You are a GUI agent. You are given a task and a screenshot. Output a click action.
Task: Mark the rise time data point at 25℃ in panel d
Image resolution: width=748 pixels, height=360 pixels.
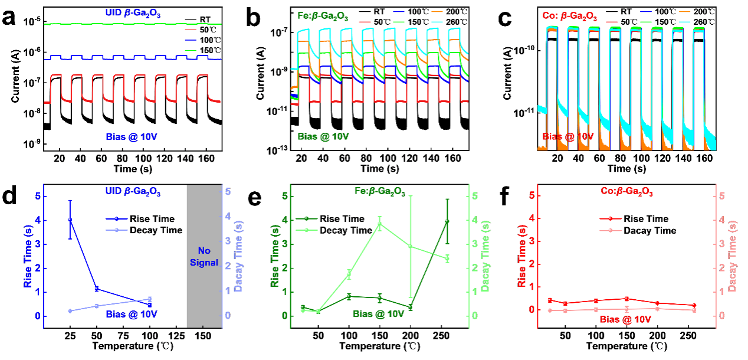tap(70, 220)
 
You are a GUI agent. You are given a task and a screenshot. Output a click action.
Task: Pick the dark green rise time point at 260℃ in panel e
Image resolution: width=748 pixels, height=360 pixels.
tap(447, 221)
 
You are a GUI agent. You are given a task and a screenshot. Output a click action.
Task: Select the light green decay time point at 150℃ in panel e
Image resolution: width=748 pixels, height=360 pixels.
tap(380, 224)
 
